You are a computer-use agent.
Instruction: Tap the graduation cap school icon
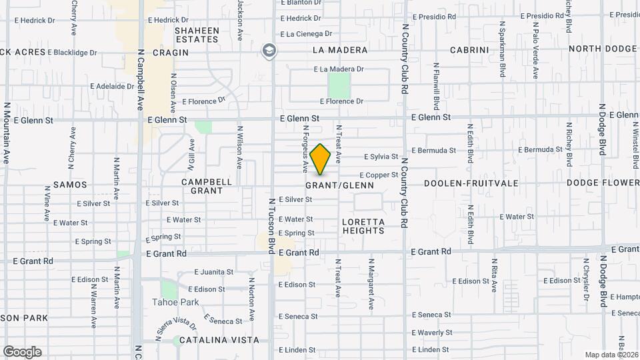tap(269, 50)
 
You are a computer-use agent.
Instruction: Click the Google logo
tap(22, 351)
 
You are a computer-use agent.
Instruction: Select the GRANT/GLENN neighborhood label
tap(340, 185)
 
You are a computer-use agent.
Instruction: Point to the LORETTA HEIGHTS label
tap(363, 226)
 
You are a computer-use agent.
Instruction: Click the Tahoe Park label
tap(180, 302)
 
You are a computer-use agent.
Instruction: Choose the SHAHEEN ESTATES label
tap(197, 35)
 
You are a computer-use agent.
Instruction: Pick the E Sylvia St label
tap(381, 157)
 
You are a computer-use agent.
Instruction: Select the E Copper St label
tap(381, 175)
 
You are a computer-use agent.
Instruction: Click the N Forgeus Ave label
tap(305, 147)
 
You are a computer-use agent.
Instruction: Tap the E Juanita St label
tap(214, 272)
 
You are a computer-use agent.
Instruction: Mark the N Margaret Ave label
tap(371, 283)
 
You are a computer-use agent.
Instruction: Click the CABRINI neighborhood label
tap(470, 50)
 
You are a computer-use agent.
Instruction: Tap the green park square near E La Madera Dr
tap(339, 85)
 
